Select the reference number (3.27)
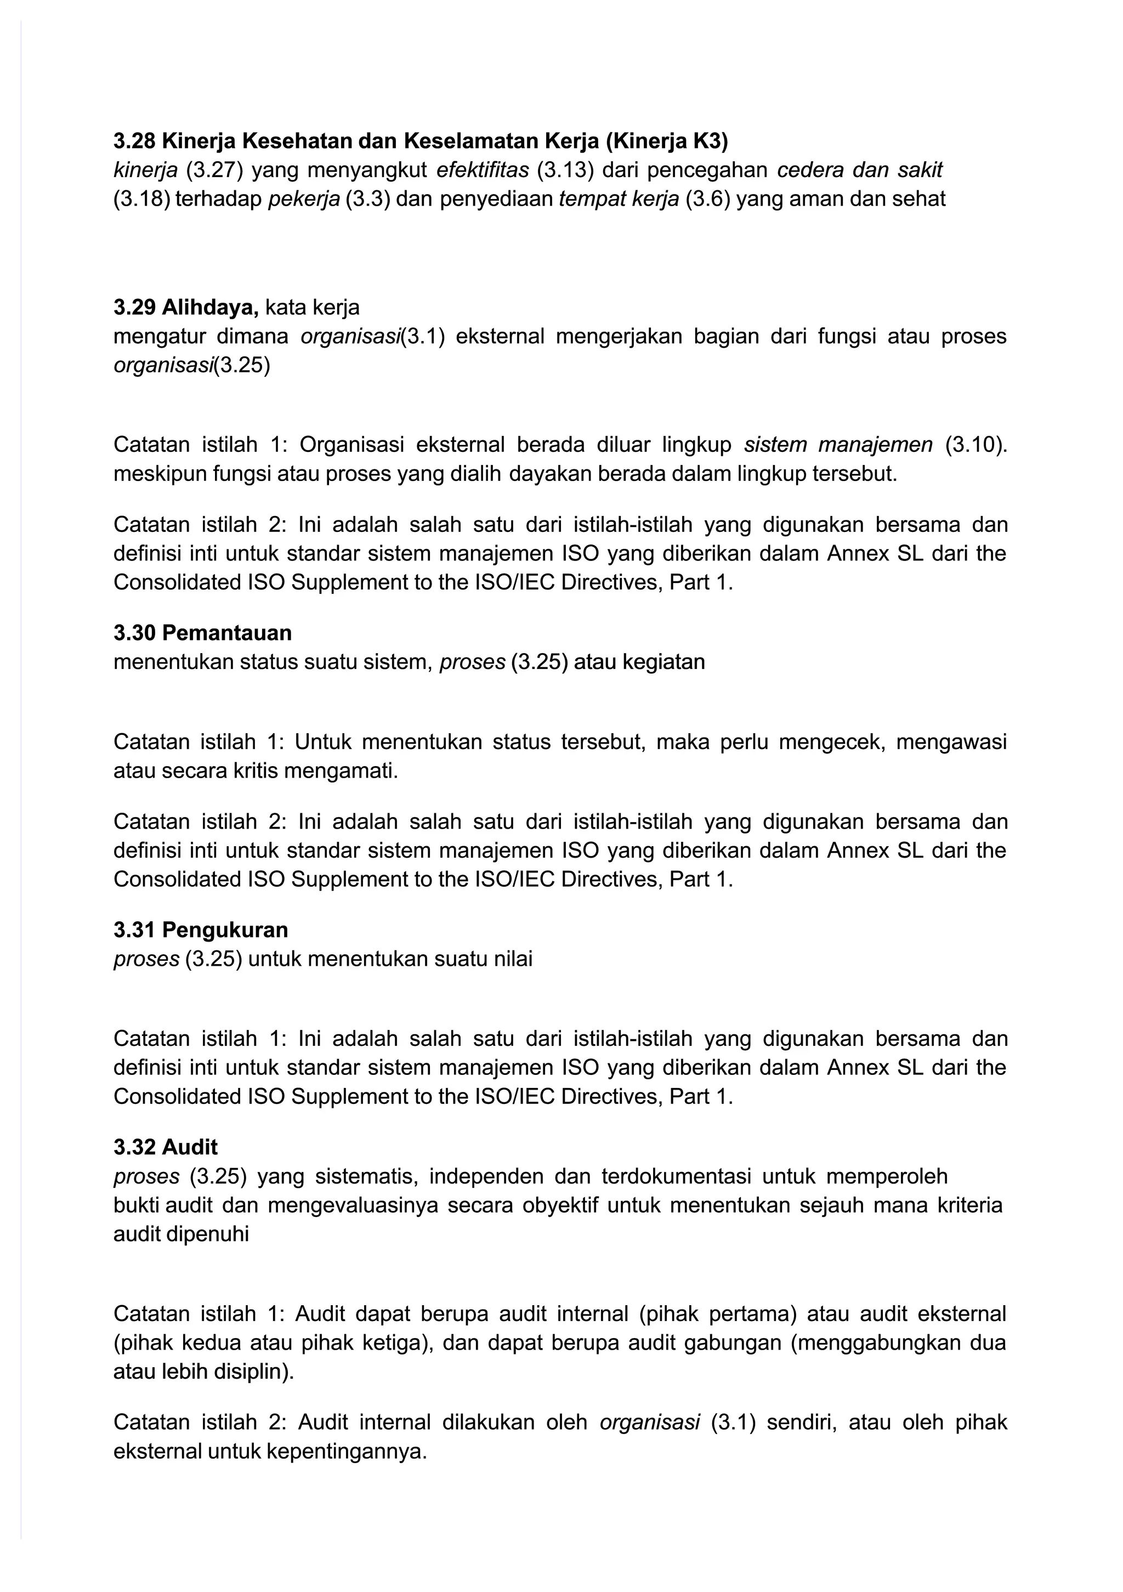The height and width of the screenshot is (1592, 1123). pos(215,170)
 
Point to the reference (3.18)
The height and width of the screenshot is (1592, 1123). pos(141,199)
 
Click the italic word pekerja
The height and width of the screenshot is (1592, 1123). pos(304,199)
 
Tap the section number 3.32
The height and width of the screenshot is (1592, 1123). pos(134,1148)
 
